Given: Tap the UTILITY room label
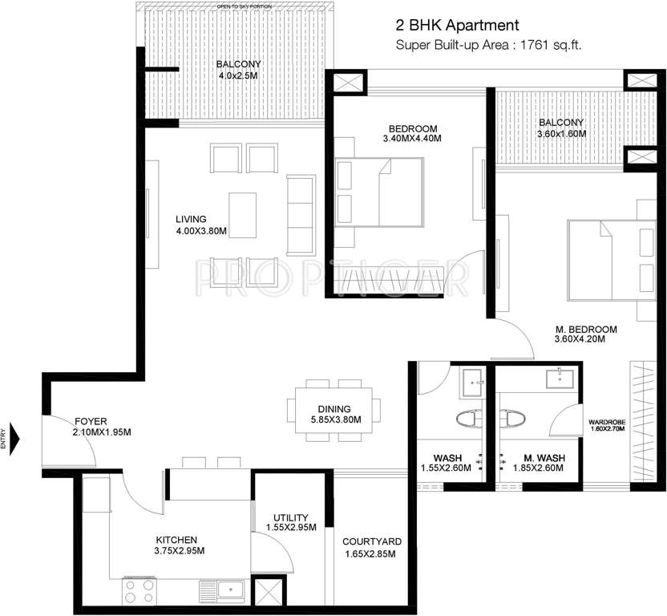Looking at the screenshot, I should [x=290, y=517].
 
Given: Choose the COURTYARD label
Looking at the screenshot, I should [x=371, y=541].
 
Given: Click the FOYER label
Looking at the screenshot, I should [x=91, y=420].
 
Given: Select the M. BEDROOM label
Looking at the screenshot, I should [x=586, y=329].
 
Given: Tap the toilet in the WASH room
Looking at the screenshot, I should [x=468, y=418].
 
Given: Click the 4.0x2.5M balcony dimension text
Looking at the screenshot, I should [x=237, y=76].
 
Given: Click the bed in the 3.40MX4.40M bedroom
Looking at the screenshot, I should [x=379, y=192].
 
